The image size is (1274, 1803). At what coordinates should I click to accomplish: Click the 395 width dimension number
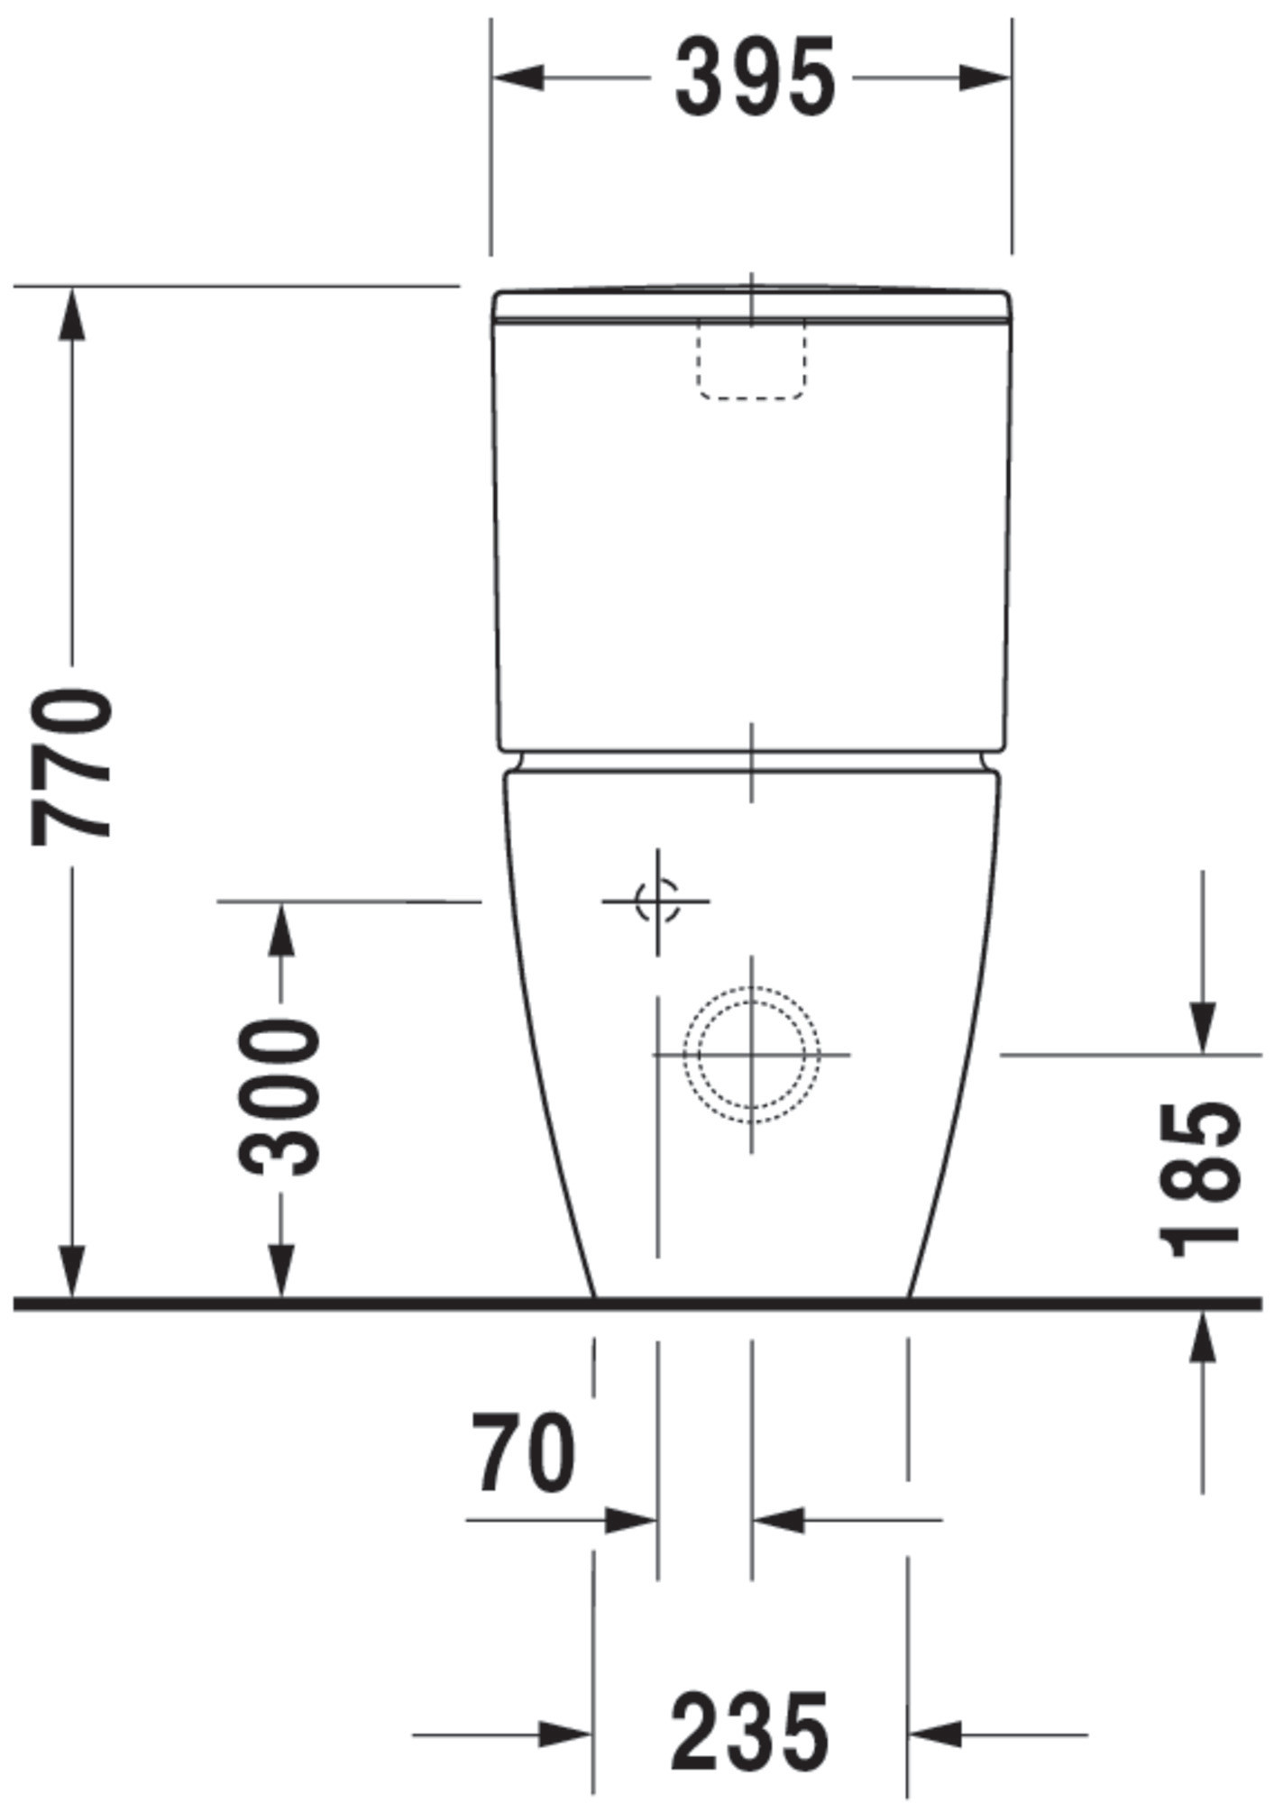[755, 78]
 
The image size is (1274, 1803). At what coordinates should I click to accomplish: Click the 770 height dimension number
[72, 765]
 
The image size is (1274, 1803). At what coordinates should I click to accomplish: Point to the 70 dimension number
[524, 1452]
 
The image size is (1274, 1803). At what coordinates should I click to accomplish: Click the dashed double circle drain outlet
[751, 1054]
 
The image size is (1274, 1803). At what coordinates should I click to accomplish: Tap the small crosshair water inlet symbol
[657, 901]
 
